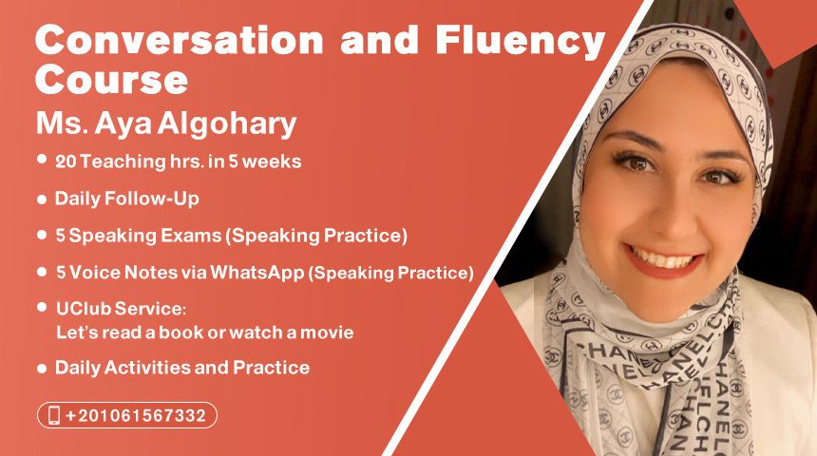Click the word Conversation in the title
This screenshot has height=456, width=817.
point(180,40)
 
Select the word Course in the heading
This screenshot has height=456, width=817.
point(111,79)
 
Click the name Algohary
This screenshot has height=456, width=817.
point(227,124)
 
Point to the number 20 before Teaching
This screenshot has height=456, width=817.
point(66,161)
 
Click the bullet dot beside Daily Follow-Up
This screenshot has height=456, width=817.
point(42,199)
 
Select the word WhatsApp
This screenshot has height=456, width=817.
point(256,273)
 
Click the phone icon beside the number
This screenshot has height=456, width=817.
point(53,415)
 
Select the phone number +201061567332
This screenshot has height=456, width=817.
point(136,416)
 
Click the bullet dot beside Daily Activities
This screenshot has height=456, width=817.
point(42,369)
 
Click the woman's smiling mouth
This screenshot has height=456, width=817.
point(664,259)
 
